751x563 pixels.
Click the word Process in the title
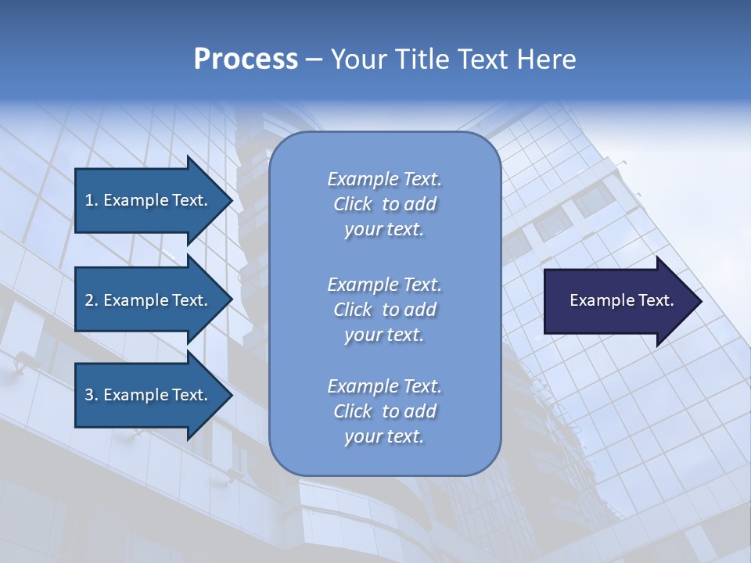coord(246,59)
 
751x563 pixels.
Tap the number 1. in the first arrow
coord(92,200)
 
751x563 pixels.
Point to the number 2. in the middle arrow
coord(92,300)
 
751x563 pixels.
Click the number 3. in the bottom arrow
coord(92,395)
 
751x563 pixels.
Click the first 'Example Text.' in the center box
coord(384,179)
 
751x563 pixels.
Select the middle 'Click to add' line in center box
coord(384,310)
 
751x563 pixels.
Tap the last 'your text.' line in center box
coord(384,436)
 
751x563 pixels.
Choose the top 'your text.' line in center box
coord(384,229)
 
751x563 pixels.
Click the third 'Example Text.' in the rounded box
coord(384,386)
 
